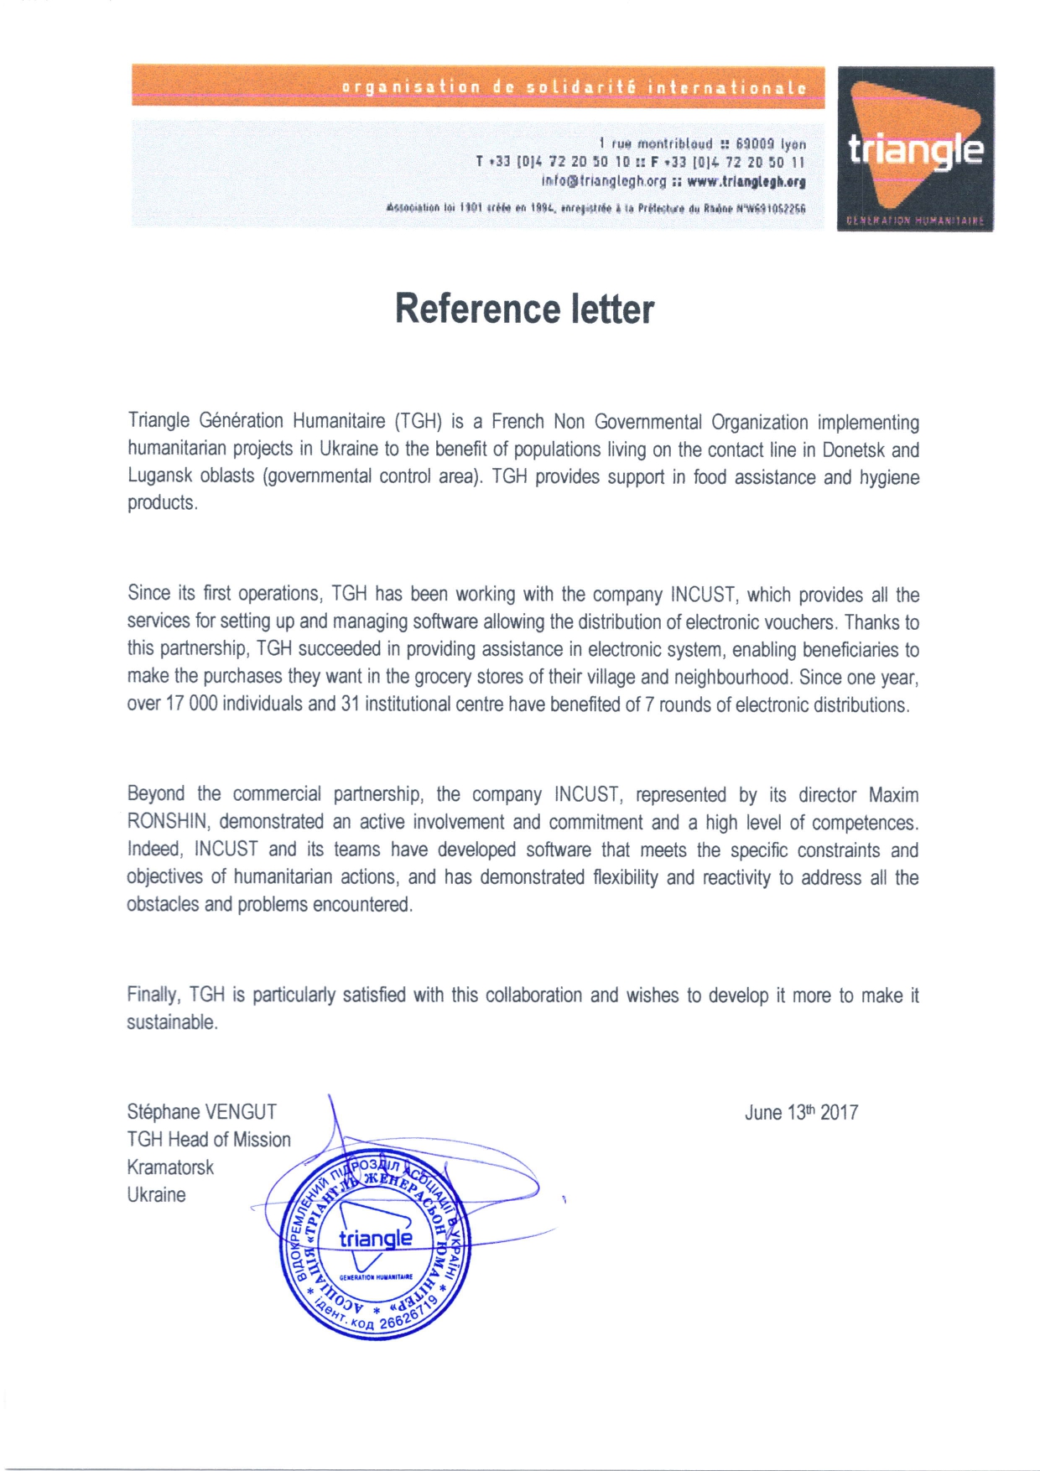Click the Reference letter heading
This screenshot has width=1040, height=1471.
click(x=524, y=309)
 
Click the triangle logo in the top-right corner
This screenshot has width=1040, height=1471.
click(x=915, y=149)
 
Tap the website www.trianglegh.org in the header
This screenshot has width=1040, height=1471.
click(x=746, y=181)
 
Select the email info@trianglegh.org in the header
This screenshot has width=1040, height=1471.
click(x=603, y=181)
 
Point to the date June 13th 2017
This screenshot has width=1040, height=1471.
click(x=801, y=1112)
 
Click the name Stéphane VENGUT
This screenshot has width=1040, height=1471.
click(x=201, y=1112)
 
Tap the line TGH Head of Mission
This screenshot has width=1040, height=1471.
click(x=209, y=1140)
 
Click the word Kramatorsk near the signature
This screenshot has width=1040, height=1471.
click(x=170, y=1167)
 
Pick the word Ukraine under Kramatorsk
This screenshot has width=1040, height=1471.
click(x=156, y=1195)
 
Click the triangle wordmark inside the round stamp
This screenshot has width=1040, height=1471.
click(x=376, y=1238)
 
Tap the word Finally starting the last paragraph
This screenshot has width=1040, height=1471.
click(x=154, y=995)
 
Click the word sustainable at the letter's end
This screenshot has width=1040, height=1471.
click(x=171, y=1022)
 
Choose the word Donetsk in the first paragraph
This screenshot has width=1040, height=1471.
click(x=853, y=450)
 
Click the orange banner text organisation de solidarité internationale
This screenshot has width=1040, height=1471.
click(x=574, y=87)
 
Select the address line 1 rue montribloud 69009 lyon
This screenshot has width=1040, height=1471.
click(x=702, y=144)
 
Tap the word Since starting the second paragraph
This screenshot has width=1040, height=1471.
click(x=148, y=594)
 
